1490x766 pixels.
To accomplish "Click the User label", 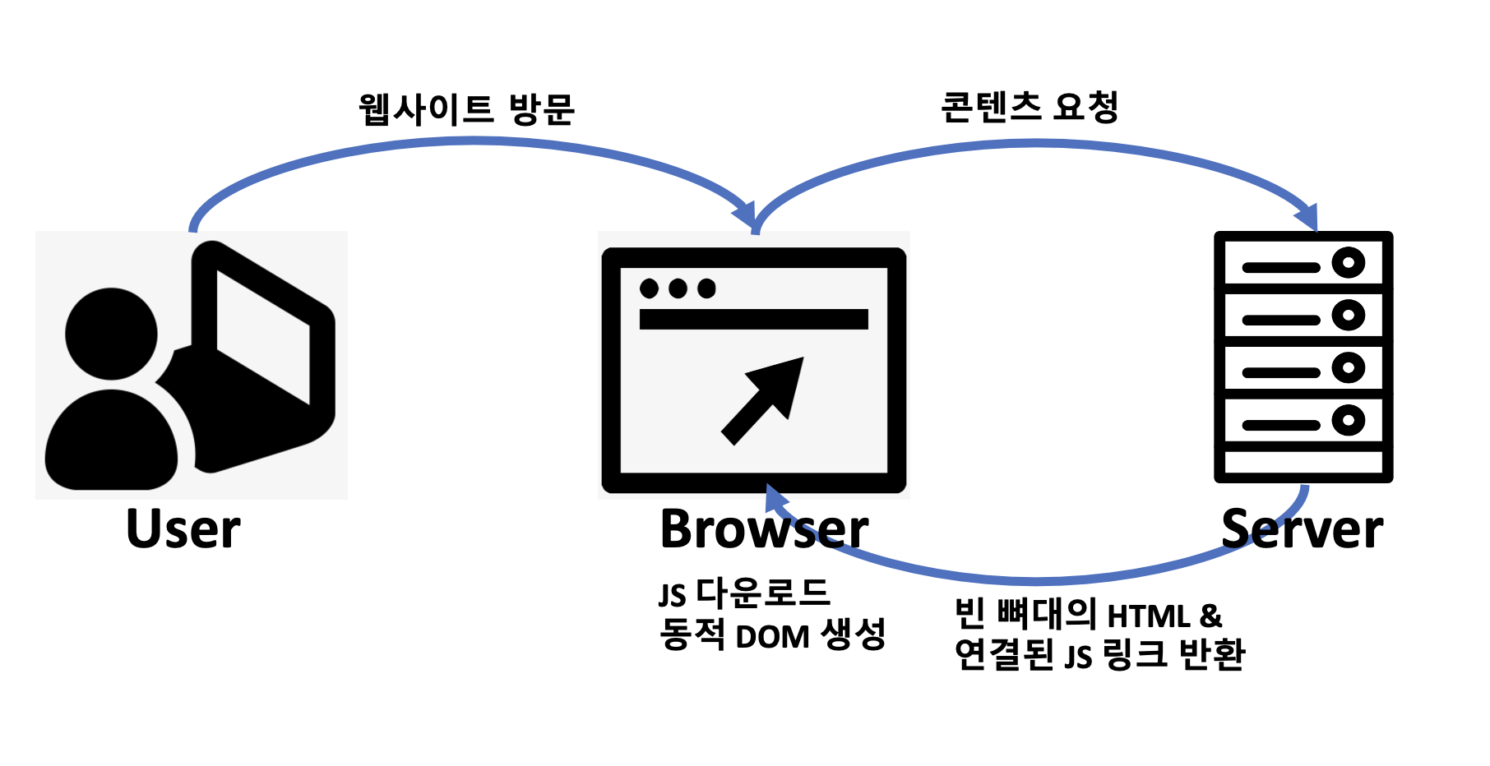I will [x=183, y=529].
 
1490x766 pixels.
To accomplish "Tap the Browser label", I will [x=763, y=529].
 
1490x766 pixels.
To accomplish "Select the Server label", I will [x=1302, y=529].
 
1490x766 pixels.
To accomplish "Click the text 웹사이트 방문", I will [x=466, y=110].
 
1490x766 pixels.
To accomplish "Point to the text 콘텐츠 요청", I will [x=1029, y=108].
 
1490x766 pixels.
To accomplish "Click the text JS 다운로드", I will [x=743, y=593].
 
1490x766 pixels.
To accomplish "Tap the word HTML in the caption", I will [x=1148, y=616].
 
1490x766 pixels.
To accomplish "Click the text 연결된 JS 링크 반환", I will [x=1099, y=655].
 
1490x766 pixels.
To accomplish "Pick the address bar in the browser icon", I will [x=753, y=319].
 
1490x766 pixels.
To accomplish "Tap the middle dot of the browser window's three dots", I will [x=678, y=288].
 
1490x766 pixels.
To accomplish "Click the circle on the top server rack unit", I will [x=1348, y=263].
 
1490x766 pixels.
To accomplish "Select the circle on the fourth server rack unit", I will [x=1348, y=421].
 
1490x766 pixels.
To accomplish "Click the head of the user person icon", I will [x=111, y=333].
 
